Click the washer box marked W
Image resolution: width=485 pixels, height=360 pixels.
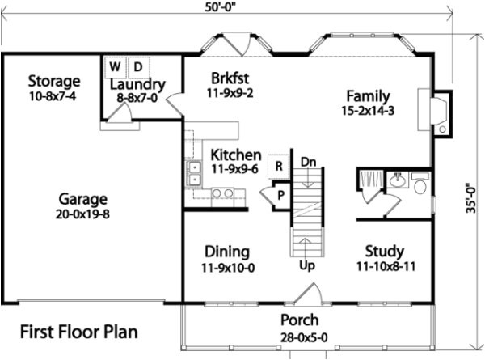pos(115,66)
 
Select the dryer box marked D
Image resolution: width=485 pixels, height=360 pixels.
pos(137,66)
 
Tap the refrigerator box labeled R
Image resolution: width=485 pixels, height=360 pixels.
pos(278,166)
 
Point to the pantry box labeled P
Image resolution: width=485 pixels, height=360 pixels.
pos(280,194)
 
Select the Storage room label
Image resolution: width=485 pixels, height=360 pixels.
pos(54,82)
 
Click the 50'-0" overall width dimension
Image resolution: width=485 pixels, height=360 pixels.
pos(227,7)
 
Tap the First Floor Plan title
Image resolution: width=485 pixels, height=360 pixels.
pos(78,332)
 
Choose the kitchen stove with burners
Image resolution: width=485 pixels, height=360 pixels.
pos(222,193)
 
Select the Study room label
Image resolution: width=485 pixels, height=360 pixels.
pos(384,252)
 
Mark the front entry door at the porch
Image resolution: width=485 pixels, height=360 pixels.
pos(309,295)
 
